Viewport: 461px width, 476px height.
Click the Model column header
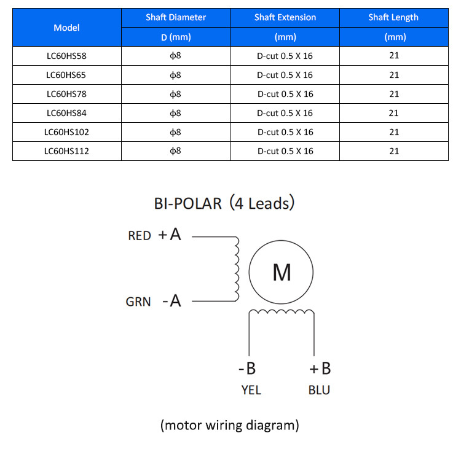66,28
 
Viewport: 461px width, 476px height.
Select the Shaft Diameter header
176,17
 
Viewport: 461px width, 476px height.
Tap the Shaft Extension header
285,17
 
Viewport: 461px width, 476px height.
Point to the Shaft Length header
393,17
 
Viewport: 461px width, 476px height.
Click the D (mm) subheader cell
176,37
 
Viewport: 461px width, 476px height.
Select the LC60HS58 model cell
66,56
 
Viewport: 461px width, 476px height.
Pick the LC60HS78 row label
66,94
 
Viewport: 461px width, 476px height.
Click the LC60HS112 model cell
66,151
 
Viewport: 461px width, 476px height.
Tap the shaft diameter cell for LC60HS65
175,75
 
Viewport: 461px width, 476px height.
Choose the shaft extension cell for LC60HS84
285,113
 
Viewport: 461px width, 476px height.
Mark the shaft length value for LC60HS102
394,132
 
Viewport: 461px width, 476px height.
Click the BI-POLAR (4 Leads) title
224,203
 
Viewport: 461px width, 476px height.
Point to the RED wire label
140,236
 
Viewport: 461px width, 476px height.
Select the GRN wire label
138,302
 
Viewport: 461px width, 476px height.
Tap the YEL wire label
251,390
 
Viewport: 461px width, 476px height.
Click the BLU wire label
319,390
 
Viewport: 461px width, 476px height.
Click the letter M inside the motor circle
282,272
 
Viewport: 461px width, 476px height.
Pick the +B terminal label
320,369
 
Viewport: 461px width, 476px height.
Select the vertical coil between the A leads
237,269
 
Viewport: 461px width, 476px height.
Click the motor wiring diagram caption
230,425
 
